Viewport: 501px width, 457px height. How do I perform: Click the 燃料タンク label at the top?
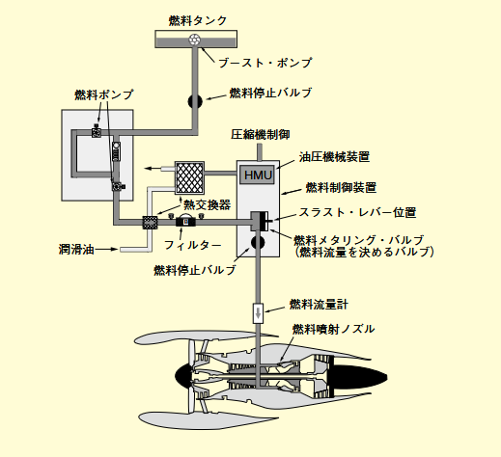[x=198, y=20]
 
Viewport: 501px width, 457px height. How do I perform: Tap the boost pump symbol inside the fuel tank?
[x=194, y=40]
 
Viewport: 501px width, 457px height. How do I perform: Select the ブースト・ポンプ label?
[x=265, y=63]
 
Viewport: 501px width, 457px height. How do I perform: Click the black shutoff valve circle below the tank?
[x=195, y=101]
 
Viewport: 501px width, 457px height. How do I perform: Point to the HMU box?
[x=258, y=175]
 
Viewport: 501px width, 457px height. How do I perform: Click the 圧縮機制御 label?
[x=261, y=134]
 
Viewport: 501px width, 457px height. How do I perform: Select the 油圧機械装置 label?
[x=334, y=157]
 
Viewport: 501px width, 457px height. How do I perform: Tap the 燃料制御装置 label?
[x=341, y=187]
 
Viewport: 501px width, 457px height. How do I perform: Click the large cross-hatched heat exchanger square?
[x=189, y=177]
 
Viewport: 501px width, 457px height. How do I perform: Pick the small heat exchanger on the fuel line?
[x=150, y=223]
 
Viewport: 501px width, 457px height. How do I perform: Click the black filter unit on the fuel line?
[x=185, y=222]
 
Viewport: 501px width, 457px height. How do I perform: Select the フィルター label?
[x=193, y=245]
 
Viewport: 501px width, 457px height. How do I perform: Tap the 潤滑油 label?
[x=76, y=249]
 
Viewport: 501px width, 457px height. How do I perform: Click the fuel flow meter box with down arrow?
[x=258, y=313]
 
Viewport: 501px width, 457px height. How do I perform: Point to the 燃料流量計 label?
[x=319, y=304]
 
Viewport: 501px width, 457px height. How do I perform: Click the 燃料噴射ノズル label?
[x=333, y=329]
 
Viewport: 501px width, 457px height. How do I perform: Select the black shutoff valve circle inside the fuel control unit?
[x=258, y=243]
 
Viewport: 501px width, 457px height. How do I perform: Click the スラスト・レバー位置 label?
[x=357, y=212]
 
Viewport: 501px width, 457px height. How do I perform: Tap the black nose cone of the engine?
[x=183, y=375]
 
